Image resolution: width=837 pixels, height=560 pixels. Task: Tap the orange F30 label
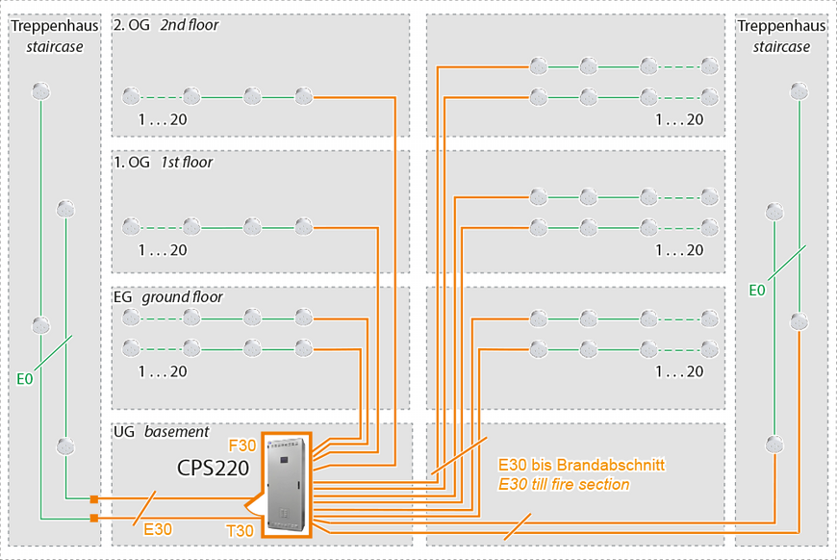point(241,445)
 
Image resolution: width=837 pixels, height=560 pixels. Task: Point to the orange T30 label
point(241,531)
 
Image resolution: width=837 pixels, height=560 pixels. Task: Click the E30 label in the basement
point(159,528)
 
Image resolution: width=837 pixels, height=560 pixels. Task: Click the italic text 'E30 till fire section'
point(564,484)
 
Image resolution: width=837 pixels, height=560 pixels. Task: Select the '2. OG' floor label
point(131,26)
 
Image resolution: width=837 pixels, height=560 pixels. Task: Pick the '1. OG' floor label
point(131,163)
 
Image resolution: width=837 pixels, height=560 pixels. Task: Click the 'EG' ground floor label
point(123,297)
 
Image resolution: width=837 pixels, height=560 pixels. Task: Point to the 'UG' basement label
point(125,432)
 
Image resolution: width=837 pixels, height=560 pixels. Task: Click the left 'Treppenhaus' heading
point(54,26)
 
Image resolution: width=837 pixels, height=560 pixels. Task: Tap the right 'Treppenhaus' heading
point(781,26)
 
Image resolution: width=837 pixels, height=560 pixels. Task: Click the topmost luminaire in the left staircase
point(40,91)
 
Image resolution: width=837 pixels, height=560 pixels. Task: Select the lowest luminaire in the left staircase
point(65,445)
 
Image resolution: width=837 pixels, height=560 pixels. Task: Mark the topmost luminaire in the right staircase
point(798,91)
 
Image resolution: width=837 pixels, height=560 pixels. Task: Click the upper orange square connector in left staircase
point(93,498)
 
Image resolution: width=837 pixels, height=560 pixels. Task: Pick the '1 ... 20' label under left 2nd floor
point(163,120)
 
